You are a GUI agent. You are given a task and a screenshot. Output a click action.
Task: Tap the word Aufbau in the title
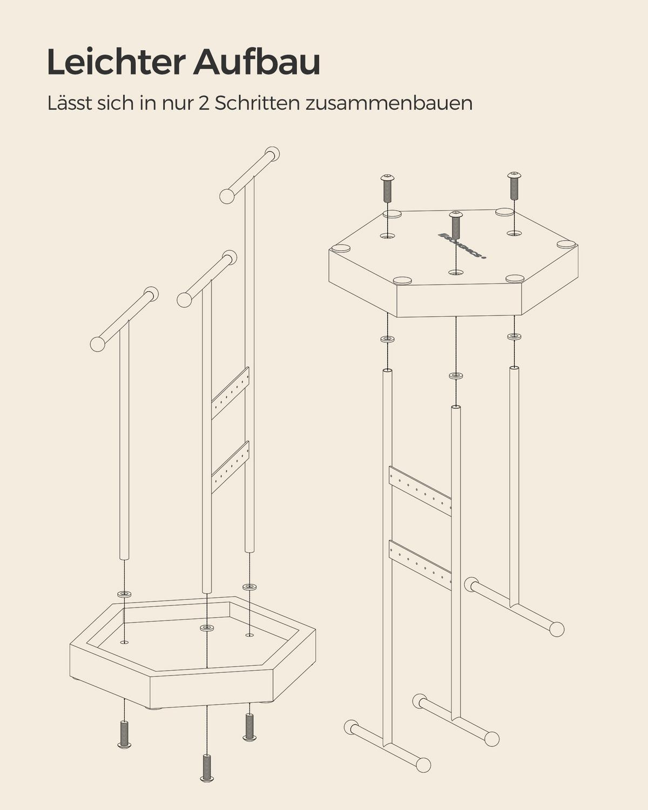point(256,62)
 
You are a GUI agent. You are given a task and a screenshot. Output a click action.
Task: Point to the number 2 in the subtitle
point(204,103)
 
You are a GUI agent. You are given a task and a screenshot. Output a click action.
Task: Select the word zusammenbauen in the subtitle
point(389,103)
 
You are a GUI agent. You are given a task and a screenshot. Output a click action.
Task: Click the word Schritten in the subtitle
point(257,103)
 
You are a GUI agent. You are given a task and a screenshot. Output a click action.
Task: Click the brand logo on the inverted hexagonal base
point(462,246)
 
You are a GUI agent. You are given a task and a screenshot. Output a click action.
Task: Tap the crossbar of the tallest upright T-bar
point(249,175)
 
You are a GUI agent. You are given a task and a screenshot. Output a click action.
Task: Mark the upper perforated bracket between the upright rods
point(230,393)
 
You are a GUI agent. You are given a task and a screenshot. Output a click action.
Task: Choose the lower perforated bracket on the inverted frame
point(420,564)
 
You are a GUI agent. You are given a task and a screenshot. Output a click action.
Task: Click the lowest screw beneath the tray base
point(207,767)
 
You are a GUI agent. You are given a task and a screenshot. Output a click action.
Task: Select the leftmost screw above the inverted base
point(387,188)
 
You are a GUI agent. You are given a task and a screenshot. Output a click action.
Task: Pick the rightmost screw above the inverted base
point(514,186)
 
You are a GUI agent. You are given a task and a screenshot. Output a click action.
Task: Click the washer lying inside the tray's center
point(206,627)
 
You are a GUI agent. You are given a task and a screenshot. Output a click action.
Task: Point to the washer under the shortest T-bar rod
point(124,594)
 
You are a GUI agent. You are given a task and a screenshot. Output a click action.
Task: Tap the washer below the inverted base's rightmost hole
point(514,336)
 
